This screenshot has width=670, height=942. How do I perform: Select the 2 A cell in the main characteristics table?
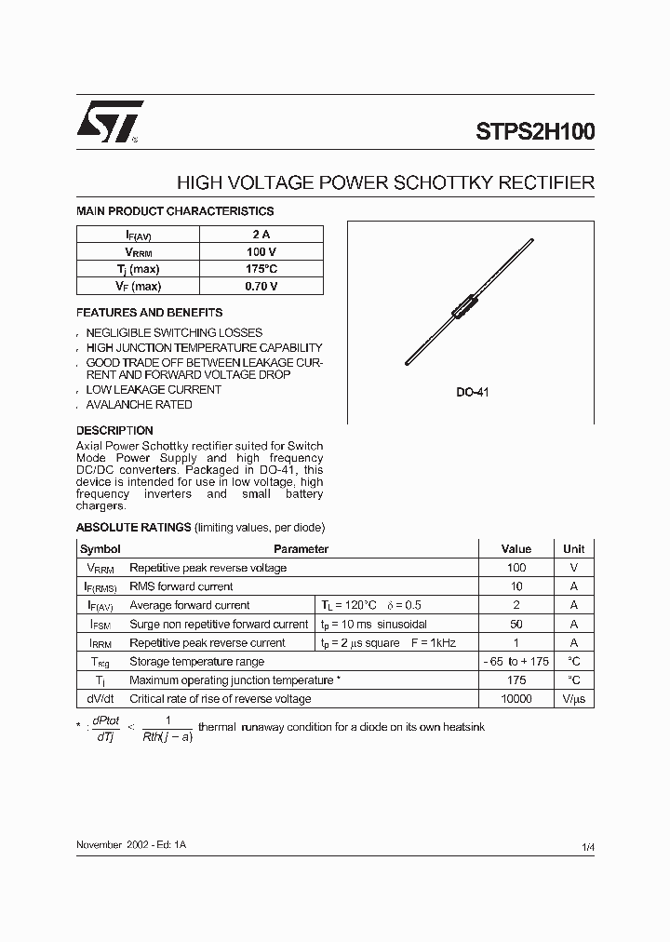(261, 235)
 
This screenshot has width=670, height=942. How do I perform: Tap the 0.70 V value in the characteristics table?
(261, 287)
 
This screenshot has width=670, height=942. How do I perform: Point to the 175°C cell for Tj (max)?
(261, 269)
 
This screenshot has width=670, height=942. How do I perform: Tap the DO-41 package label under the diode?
(472, 393)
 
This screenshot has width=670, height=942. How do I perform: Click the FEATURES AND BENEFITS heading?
(149, 313)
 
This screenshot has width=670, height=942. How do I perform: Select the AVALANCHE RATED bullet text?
(139, 405)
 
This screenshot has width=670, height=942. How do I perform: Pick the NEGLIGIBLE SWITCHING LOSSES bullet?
(174, 332)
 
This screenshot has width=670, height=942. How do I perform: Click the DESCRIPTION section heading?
(114, 431)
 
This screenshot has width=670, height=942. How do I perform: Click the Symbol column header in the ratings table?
(100, 549)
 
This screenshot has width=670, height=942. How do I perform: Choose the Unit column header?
(574, 549)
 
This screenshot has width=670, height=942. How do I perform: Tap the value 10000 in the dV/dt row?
(516, 699)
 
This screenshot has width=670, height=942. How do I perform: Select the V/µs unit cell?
(574, 699)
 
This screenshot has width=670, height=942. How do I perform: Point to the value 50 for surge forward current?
(516, 625)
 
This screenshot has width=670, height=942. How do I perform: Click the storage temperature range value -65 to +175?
(516, 662)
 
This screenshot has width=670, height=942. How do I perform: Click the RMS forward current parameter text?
(181, 586)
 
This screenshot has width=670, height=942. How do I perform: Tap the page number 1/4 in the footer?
(587, 846)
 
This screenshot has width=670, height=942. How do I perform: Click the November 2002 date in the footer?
(111, 843)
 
